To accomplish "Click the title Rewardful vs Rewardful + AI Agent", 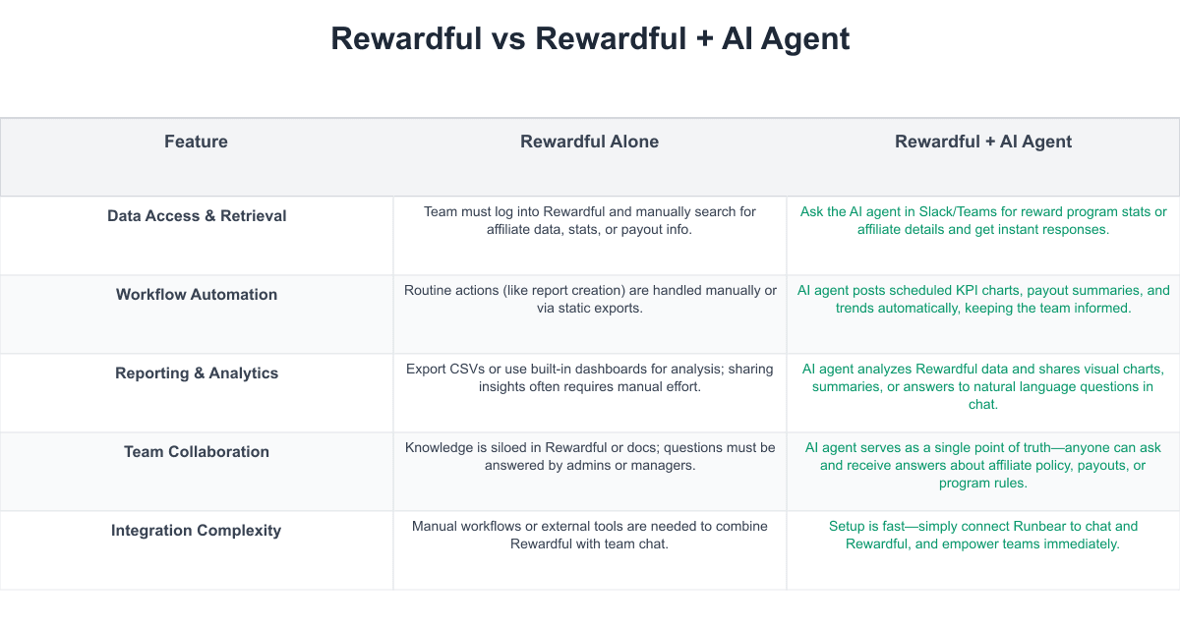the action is pyautogui.click(x=590, y=39).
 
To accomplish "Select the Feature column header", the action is pyautogui.click(x=196, y=142).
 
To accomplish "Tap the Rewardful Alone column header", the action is pyautogui.click(x=589, y=142).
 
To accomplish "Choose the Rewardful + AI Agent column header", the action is pyautogui.click(x=983, y=142).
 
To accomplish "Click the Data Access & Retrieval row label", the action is pyautogui.click(x=197, y=216).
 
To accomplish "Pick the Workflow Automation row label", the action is pyautogui.click(x=197, y=294).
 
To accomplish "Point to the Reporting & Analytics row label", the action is pyautogui.click(x=197, y=373).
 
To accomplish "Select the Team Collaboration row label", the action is pyautogui.click(x=197, y=452).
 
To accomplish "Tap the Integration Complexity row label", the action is pyautogui.click(x=196, y=531).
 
